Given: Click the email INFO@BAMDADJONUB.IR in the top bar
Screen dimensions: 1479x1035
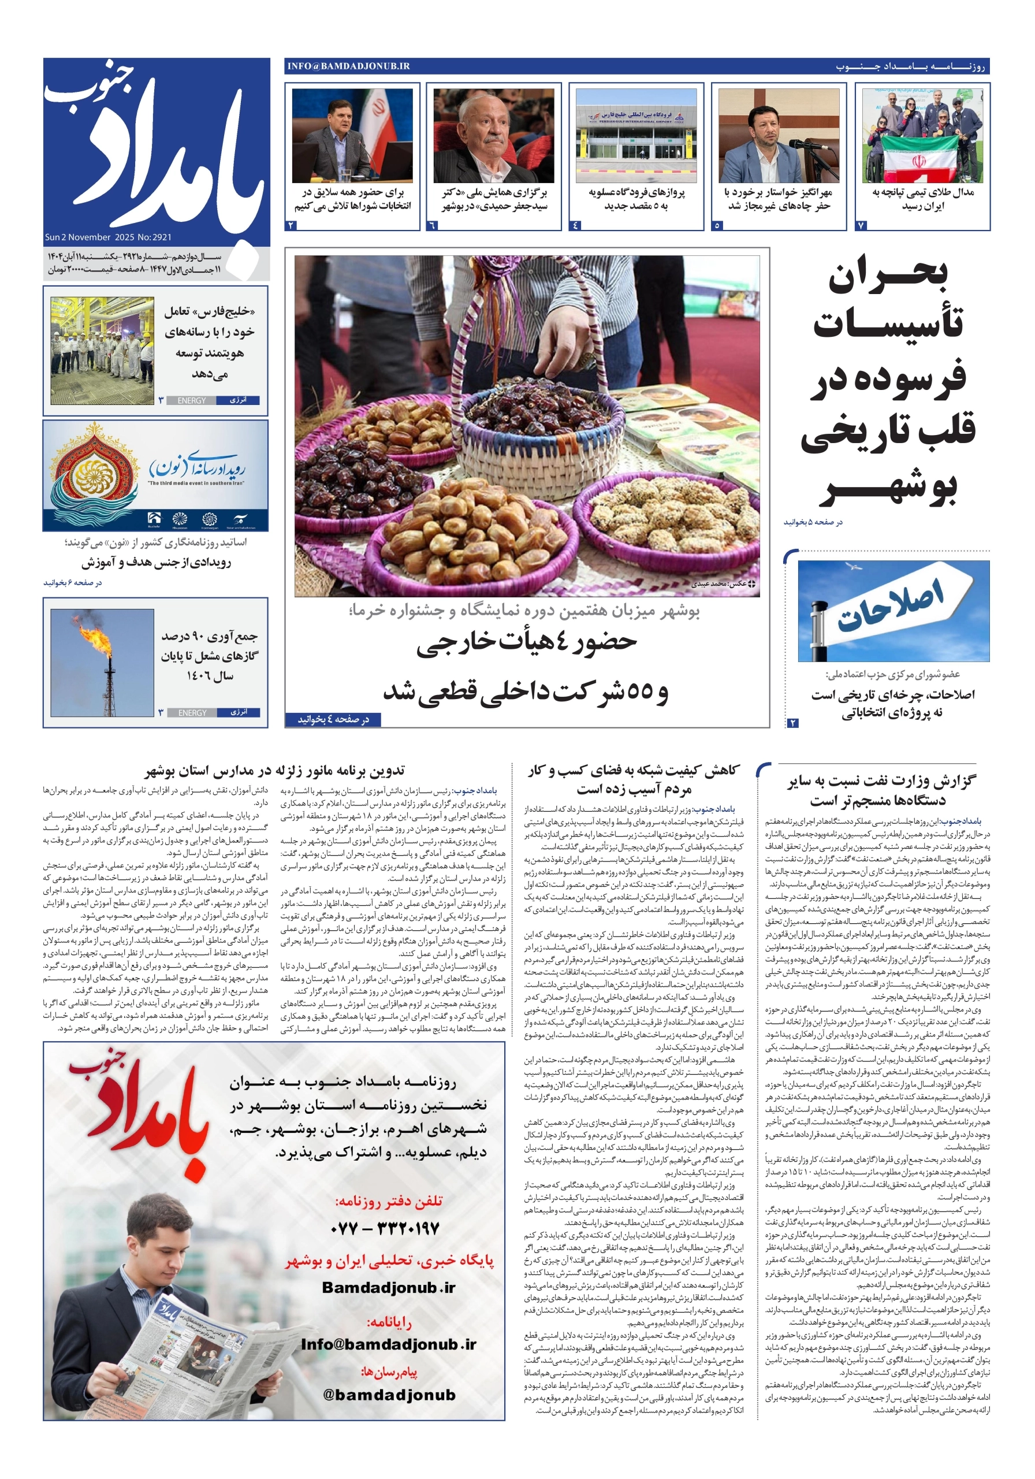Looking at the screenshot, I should click(x=348, y=66).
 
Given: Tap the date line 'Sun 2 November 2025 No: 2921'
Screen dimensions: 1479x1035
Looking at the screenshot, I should click(x=108, y=237).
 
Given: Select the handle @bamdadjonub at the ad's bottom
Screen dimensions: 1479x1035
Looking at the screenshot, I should click(x=389, y=1395).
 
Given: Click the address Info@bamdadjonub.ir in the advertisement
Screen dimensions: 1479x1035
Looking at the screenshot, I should click(x=388, y=1344).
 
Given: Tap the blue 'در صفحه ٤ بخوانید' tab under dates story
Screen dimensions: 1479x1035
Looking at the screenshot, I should click(x=333, y=719).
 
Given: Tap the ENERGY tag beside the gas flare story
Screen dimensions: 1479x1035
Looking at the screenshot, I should click(x=192, y=712).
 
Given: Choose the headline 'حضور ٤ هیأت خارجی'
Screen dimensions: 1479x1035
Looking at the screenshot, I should click(x=526, y=642).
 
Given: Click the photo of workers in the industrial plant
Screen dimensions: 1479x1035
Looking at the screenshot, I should click(x=102, y=351).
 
